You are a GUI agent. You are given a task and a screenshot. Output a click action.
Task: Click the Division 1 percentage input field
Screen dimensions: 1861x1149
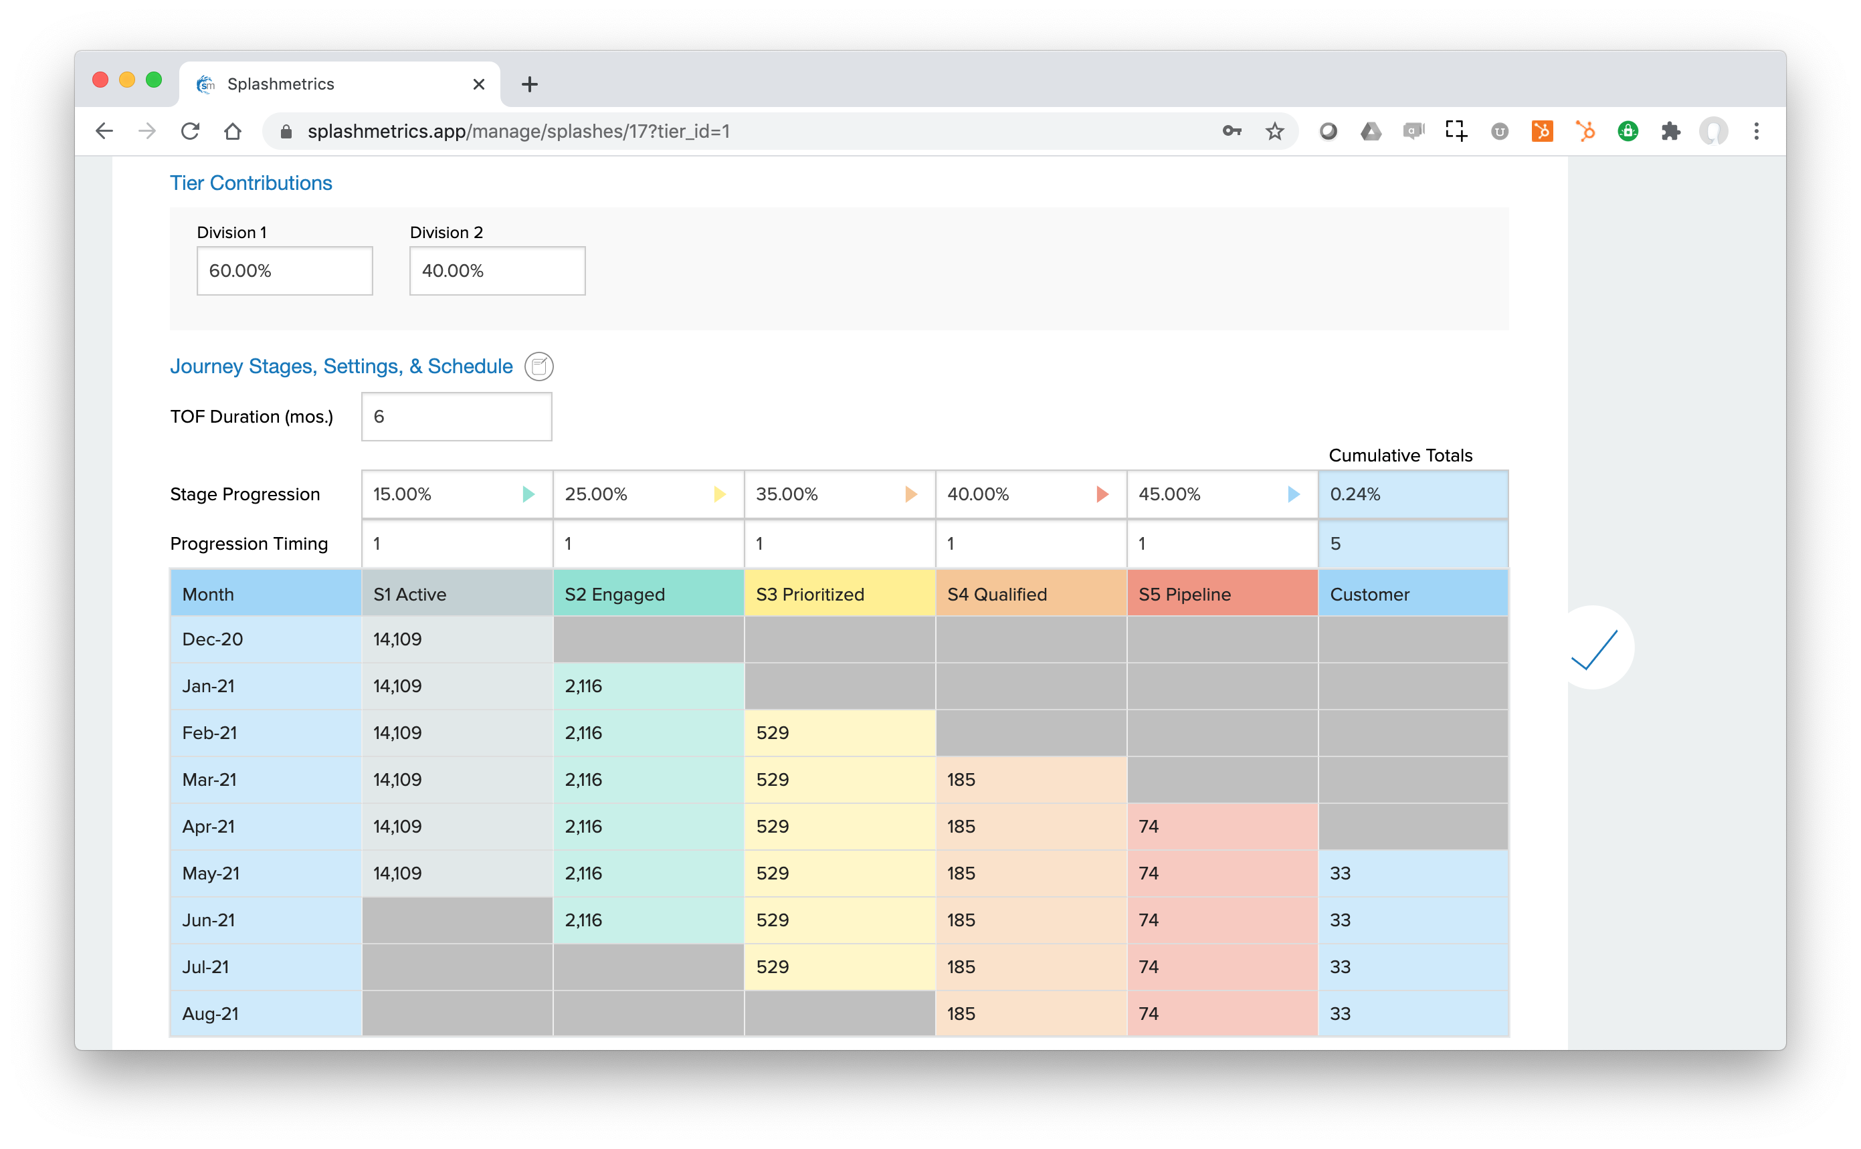(284, 271)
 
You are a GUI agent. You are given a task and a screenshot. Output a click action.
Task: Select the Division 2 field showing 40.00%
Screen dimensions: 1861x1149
(497, 271)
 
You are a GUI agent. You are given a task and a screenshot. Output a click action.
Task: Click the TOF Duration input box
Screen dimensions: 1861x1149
(456, 417)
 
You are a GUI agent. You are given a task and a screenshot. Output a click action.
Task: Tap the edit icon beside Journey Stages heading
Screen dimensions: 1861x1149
(538, 367)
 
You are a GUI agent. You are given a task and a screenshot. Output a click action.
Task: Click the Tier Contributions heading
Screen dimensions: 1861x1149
(251, 183)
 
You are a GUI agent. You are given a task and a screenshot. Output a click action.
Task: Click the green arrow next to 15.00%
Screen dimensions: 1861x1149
(529, 495)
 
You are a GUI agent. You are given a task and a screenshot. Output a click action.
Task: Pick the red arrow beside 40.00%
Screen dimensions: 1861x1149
(1102, 495)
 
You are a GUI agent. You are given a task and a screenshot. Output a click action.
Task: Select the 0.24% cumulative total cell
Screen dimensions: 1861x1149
(1413, 495)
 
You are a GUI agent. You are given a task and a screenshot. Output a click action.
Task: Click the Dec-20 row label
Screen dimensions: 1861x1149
(213, 639)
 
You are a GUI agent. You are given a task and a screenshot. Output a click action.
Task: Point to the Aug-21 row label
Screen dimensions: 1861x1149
(211, 1014)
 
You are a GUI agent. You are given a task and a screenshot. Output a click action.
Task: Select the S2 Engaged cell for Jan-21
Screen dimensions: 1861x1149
(648, 686)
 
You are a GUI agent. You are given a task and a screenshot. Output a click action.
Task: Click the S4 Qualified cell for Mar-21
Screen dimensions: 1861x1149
(1030, 780)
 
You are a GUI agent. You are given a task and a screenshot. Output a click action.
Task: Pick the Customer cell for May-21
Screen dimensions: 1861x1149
(1413, 873)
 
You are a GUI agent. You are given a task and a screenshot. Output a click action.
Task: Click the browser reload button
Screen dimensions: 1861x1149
(190, 132)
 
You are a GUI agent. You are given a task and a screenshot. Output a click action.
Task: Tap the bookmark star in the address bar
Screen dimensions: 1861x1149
(1274, 132)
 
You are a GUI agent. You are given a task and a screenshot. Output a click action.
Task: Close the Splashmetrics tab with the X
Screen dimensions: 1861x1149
(479, 84)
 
